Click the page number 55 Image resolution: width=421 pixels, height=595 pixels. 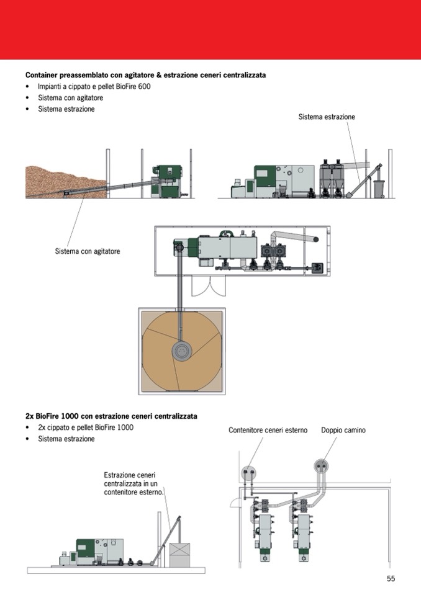tap(391, 578)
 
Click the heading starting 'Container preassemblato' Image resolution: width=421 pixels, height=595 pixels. tap(145, 75)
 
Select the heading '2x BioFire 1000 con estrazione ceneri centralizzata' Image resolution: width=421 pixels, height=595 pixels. tap(111, 416)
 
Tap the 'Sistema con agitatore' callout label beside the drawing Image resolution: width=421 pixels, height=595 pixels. tap(88, 251)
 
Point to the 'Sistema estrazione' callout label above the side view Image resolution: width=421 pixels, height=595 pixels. tap(327, 117)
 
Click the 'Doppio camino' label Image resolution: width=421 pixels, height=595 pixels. tap(343, 430)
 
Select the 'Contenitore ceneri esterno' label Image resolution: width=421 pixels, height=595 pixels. tap(268, 430)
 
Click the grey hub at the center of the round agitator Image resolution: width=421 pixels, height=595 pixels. tap(181, 352)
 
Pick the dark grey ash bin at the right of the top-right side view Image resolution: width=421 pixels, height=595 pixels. tap(378, 188)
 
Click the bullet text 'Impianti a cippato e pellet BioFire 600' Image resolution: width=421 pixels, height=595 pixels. tap(94, 86)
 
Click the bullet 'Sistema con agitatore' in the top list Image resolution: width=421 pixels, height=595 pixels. tap(70, 98)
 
